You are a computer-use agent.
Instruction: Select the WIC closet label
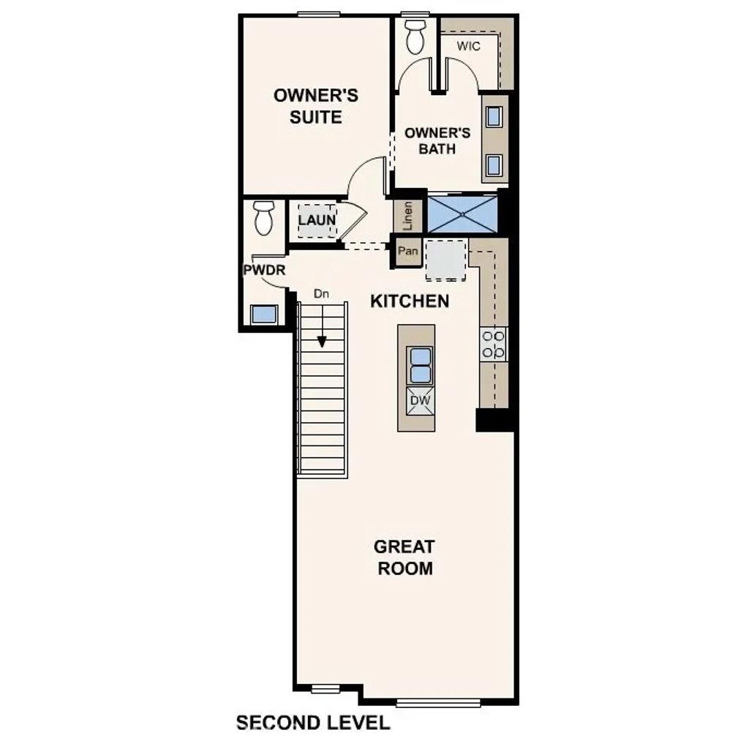point(468,47)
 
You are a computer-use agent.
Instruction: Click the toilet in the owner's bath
point(415,37)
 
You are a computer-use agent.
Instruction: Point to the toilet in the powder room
point(263,217)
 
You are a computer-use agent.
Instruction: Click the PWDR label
point(263,270)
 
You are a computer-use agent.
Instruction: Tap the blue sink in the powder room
point(263,315)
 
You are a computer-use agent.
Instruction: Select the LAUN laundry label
point(317,219)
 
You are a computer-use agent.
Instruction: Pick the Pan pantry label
point(407,252)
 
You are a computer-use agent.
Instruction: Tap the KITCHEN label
point(410,301)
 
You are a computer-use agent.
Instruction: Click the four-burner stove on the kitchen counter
point(494,343)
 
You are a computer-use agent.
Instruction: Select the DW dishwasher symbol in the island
point(419,402)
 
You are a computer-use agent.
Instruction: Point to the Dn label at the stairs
point(321,293)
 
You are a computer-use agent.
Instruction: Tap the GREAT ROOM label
point(404,557)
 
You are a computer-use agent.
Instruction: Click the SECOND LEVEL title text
point(312,723)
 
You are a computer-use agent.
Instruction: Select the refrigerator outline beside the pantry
point(446,260)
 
